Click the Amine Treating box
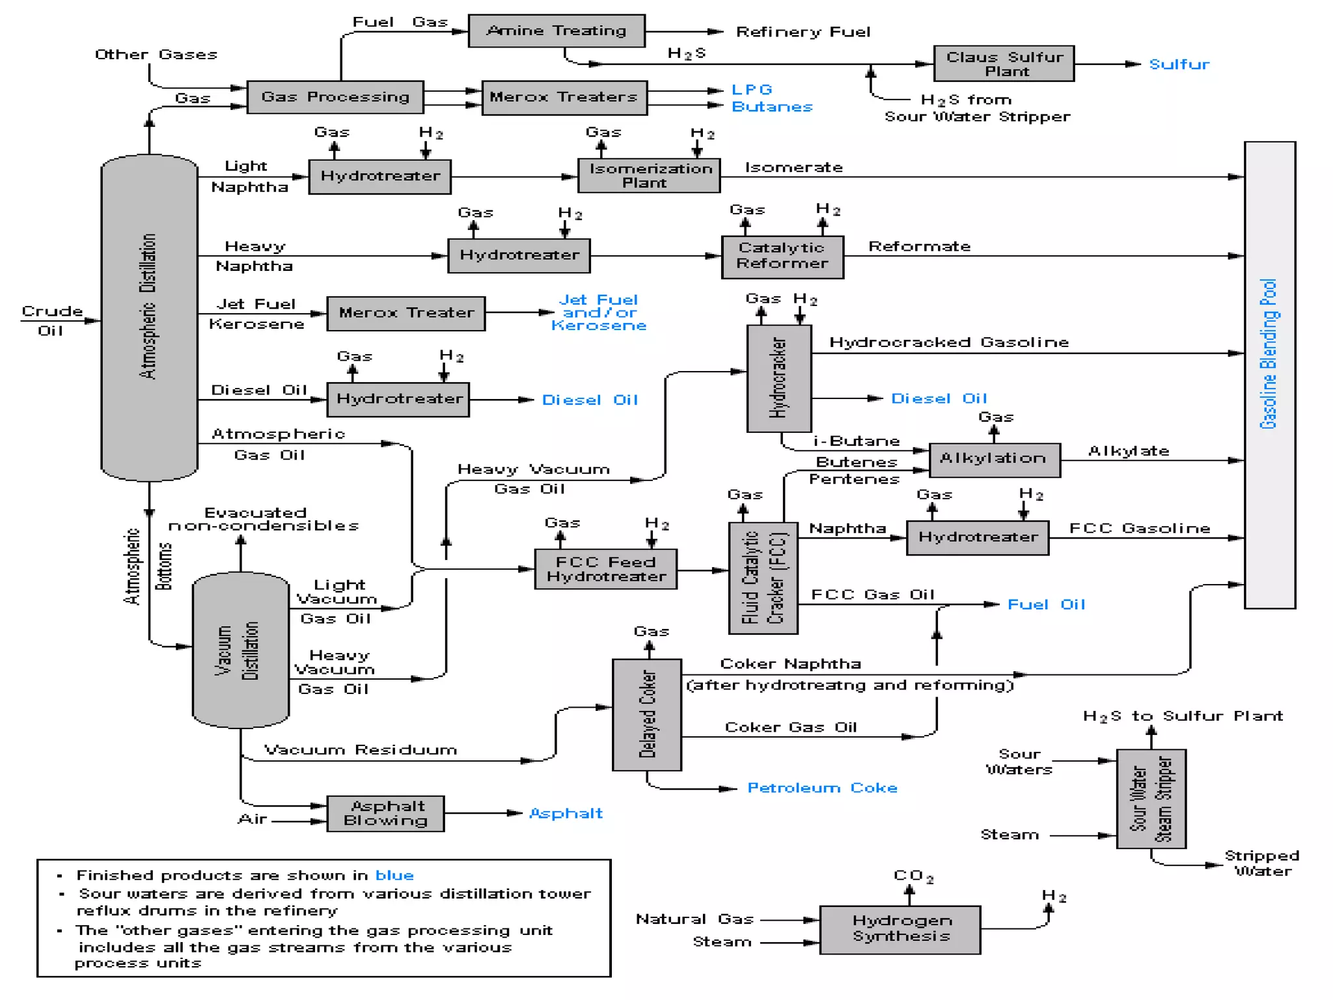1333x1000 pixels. (x=557, y=31)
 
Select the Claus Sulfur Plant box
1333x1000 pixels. (x=1004, y=64)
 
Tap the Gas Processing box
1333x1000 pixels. (x=335, y=97)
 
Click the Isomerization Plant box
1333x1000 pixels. (x=649, y=176)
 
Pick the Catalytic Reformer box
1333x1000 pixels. (x=782, y=257)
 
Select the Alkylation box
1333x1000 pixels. (x=994, y=460)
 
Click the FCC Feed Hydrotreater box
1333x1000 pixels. (x=605, y=570)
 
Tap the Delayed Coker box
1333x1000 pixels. (x=647, y=714)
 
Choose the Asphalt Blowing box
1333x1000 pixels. (x=385, y=814)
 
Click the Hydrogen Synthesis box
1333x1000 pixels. (x=900, y=930)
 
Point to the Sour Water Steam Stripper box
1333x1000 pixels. (x=1151, y=799)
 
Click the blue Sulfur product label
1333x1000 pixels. (x=1179, y=64)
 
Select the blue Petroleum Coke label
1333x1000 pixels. (x=822, y=788)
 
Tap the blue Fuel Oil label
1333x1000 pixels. (x=1046, y=605)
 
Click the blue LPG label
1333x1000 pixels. (x=752, y=90)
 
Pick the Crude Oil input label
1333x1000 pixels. (x=51, y=320)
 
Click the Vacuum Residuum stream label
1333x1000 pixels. (x=361, y=750)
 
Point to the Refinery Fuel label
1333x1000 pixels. (x=803, y=32)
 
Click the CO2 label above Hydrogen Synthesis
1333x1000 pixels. (x=913, y=876)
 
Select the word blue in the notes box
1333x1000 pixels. (x=394, y=876)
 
